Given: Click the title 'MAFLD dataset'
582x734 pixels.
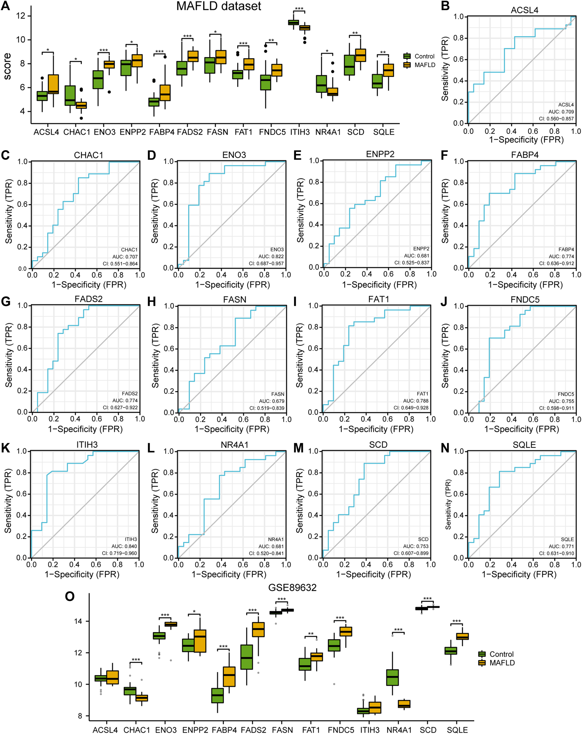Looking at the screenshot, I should click(x=218, y=6).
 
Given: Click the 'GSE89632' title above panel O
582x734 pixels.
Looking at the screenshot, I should click(x=292, y=587).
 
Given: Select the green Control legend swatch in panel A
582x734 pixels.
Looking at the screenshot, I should click(x=407, y=56).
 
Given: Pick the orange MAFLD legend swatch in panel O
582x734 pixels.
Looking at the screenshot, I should click(x=481, y=662).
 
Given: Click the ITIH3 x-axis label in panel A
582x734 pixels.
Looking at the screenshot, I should click(x=300, y=132).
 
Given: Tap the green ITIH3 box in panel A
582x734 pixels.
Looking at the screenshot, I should click(x=293, y=22).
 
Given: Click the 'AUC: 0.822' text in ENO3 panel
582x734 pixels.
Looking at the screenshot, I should click(x=271, y=256).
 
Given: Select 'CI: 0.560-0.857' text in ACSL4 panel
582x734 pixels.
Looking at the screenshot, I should click(x=556, y=119).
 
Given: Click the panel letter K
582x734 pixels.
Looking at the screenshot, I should click(x=6, y=448).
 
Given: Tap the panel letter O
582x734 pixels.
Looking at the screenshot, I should click(x=69, y=596).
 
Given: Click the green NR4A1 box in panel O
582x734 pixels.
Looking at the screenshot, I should click(x=392, y=677).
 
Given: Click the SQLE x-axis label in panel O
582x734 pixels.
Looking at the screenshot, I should click(x=457, y=730).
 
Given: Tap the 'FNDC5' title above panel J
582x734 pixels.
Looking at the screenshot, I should click(x=525, y=300).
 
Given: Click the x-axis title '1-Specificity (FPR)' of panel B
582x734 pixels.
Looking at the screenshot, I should click(x=526, y=140).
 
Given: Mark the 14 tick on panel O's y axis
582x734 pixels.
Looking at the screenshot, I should click(x=78, y=621).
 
